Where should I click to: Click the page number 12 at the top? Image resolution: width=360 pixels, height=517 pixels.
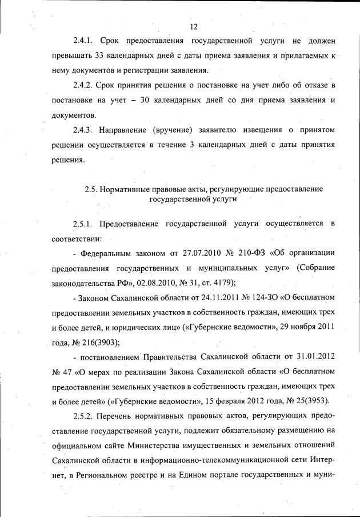[194, 27]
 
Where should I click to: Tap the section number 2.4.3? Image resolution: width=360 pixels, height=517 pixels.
[85, 130]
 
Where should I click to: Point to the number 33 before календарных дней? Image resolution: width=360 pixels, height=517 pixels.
[99, 57]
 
